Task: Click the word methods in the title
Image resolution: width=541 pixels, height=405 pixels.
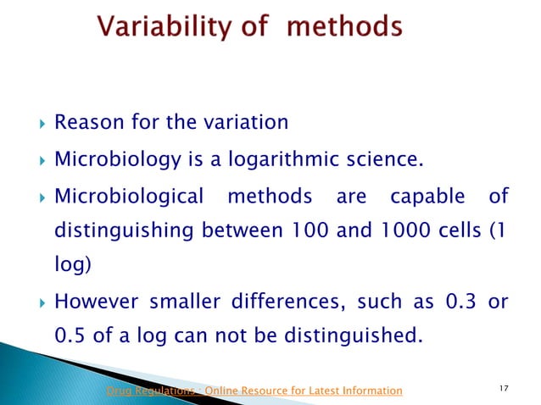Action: click(344, 28)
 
